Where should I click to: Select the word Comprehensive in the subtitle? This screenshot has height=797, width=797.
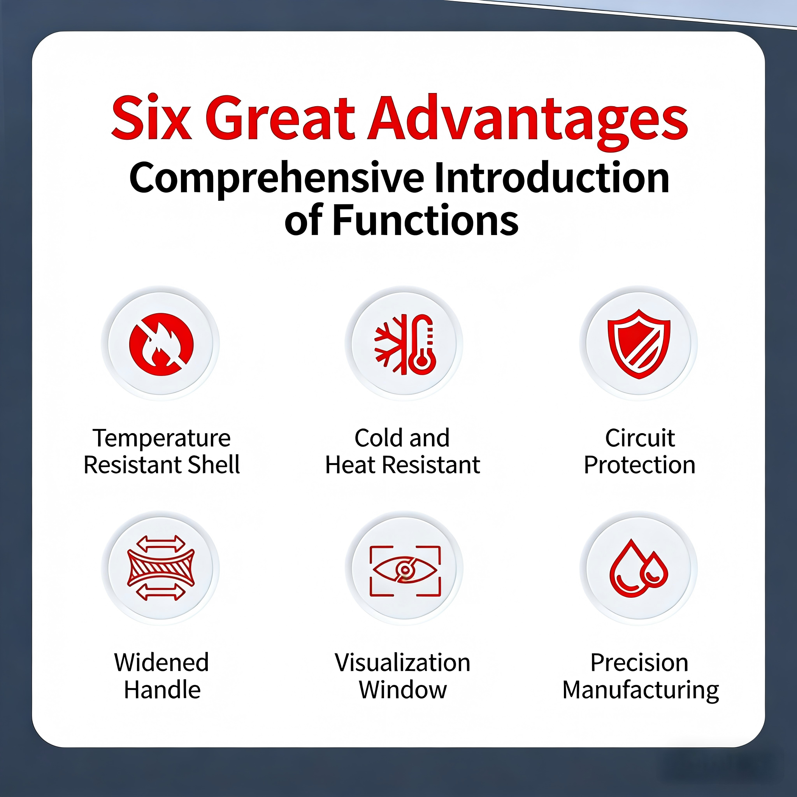277,179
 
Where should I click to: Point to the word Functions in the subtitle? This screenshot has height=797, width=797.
425,220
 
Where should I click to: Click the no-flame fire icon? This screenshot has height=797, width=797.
161,344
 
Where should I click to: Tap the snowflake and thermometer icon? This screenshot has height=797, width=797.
405,344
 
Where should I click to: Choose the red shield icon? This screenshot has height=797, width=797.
639,344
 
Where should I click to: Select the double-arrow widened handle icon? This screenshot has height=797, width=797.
161,568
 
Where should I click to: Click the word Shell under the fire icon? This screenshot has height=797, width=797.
214,465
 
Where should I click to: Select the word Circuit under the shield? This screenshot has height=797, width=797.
640,438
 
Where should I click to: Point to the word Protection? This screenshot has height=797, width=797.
639,465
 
